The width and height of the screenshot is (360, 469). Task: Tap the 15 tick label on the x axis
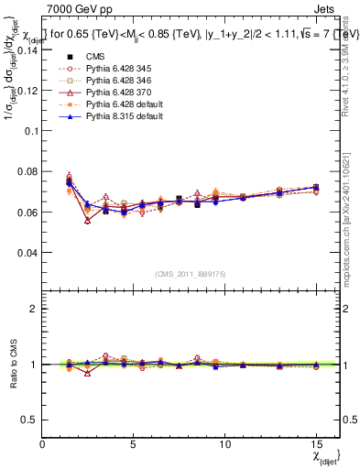[315, 444]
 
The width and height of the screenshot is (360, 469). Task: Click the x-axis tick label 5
[134, 444]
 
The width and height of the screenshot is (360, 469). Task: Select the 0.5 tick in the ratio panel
[29, 420]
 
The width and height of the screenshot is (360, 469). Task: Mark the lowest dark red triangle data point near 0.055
[88, 221]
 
